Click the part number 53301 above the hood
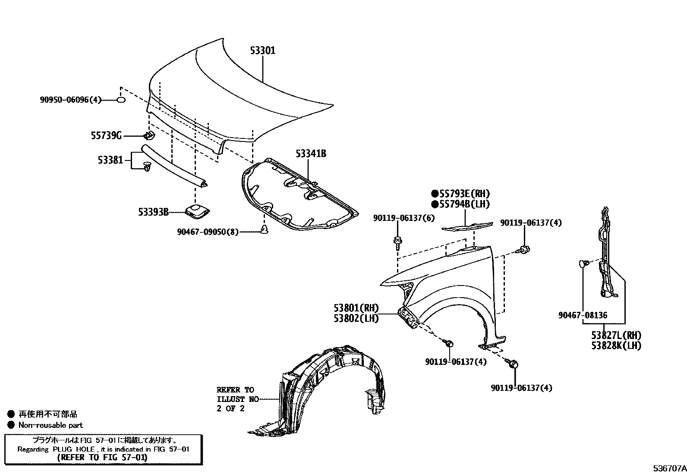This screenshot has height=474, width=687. pos(262,50)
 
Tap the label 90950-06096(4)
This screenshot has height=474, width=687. pos(70,100)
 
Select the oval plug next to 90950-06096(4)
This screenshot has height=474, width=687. pos(121,100)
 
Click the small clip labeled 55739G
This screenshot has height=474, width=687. pos(148,136)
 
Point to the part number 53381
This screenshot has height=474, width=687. pos(110,160)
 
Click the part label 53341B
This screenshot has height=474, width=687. pos(311,153)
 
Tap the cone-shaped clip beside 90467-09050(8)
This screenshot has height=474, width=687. pos(264,229)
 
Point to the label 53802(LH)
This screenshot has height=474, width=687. pos(356,318)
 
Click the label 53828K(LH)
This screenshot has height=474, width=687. pos(616,345)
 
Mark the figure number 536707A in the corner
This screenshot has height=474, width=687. pos(669,468)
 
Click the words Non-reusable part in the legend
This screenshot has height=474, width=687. pos(50,425)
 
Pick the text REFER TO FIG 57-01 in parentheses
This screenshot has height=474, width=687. pos(102,457)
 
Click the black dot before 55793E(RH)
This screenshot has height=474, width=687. pos(435,194)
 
